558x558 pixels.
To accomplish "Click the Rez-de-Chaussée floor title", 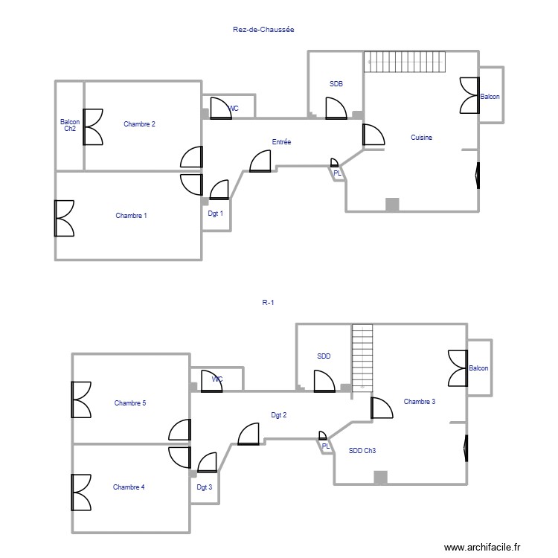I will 264,31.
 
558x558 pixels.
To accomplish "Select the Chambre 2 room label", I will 139,124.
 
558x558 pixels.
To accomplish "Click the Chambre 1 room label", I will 131,216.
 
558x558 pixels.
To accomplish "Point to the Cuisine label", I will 421,138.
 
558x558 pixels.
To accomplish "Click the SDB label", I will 336,84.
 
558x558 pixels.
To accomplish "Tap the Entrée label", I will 281,142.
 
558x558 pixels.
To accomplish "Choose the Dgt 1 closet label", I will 216,214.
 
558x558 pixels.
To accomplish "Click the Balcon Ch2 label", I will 70,125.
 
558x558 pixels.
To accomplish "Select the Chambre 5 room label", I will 129,403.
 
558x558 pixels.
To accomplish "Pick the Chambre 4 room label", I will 129,487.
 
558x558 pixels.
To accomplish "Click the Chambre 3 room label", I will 419,402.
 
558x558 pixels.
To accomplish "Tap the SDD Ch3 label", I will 362,451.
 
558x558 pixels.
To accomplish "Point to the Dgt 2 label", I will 279,415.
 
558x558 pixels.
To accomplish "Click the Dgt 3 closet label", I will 205,488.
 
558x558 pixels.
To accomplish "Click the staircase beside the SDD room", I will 362,356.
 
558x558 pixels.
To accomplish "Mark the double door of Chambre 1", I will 63,218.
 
